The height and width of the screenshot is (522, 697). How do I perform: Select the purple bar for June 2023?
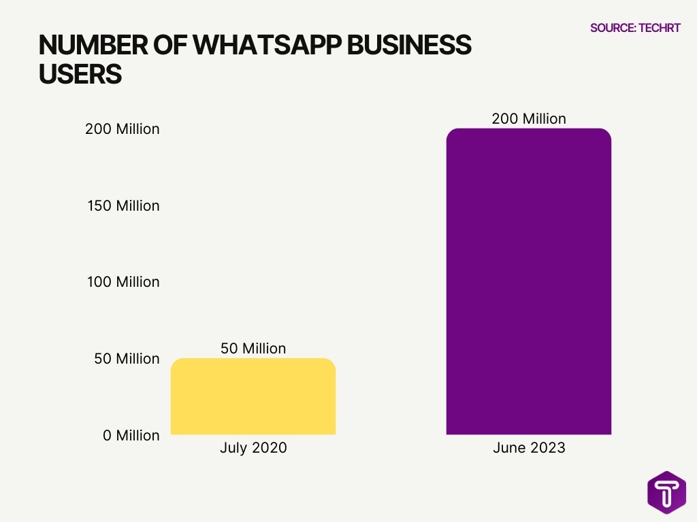529,281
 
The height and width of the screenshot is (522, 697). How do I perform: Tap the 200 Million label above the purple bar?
529,119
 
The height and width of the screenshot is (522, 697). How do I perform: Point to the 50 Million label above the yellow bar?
253,349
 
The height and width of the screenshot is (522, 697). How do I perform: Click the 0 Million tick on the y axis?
131,436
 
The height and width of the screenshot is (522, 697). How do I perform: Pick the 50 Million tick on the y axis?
127,359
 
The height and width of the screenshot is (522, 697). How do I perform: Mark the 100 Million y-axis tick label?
123,282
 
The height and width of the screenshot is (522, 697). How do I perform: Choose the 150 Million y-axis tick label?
123,206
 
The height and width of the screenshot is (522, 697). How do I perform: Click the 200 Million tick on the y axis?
123,129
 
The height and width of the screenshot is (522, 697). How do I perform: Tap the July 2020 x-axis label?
253,449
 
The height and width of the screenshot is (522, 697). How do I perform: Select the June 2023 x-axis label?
529,449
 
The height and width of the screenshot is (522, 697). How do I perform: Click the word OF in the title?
166,46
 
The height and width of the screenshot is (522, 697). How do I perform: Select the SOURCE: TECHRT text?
635,28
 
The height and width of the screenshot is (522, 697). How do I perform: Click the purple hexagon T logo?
666,492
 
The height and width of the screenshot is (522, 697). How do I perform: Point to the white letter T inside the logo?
666,492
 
